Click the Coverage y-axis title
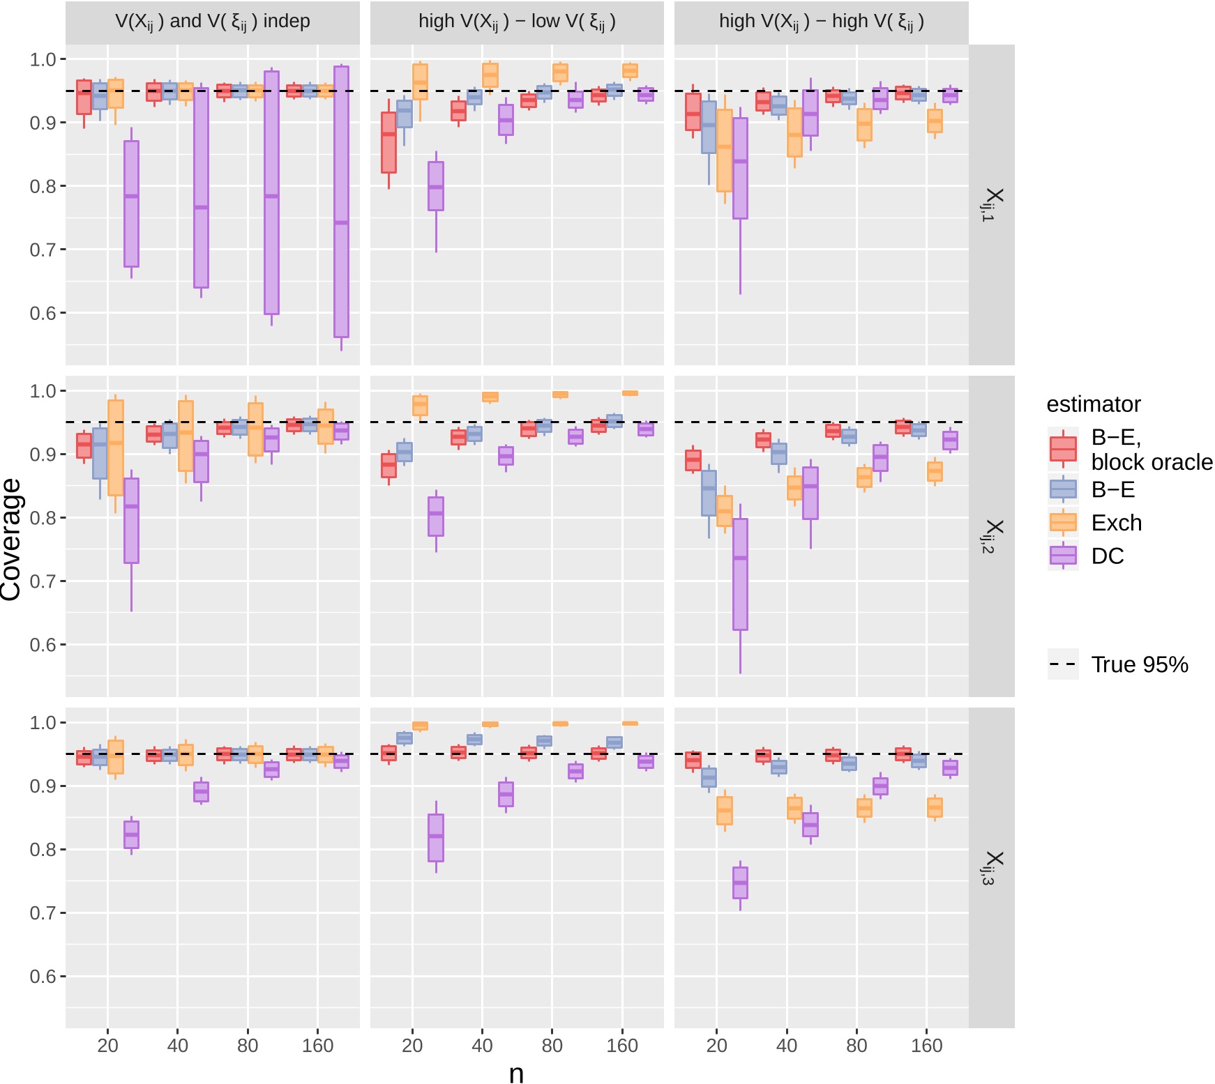point(11,538)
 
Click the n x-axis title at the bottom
point(516,1074)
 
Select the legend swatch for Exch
point(1063,522)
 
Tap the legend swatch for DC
point(1063,556)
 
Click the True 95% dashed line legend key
point(1063,664)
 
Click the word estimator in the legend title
point(1093,404)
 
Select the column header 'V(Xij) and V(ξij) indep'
point(213,22)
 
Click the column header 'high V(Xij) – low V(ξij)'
point(517,22)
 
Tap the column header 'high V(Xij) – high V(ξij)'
point(821,22)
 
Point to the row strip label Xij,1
point(992,204)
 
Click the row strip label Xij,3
point(992,868)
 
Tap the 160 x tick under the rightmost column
point(926,1046)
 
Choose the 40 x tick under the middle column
point(482,1046)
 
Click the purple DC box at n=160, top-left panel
point(341,202)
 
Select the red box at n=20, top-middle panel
point(388,143)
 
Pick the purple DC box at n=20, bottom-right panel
point(740,883)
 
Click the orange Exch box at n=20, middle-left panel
point(116,448)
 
